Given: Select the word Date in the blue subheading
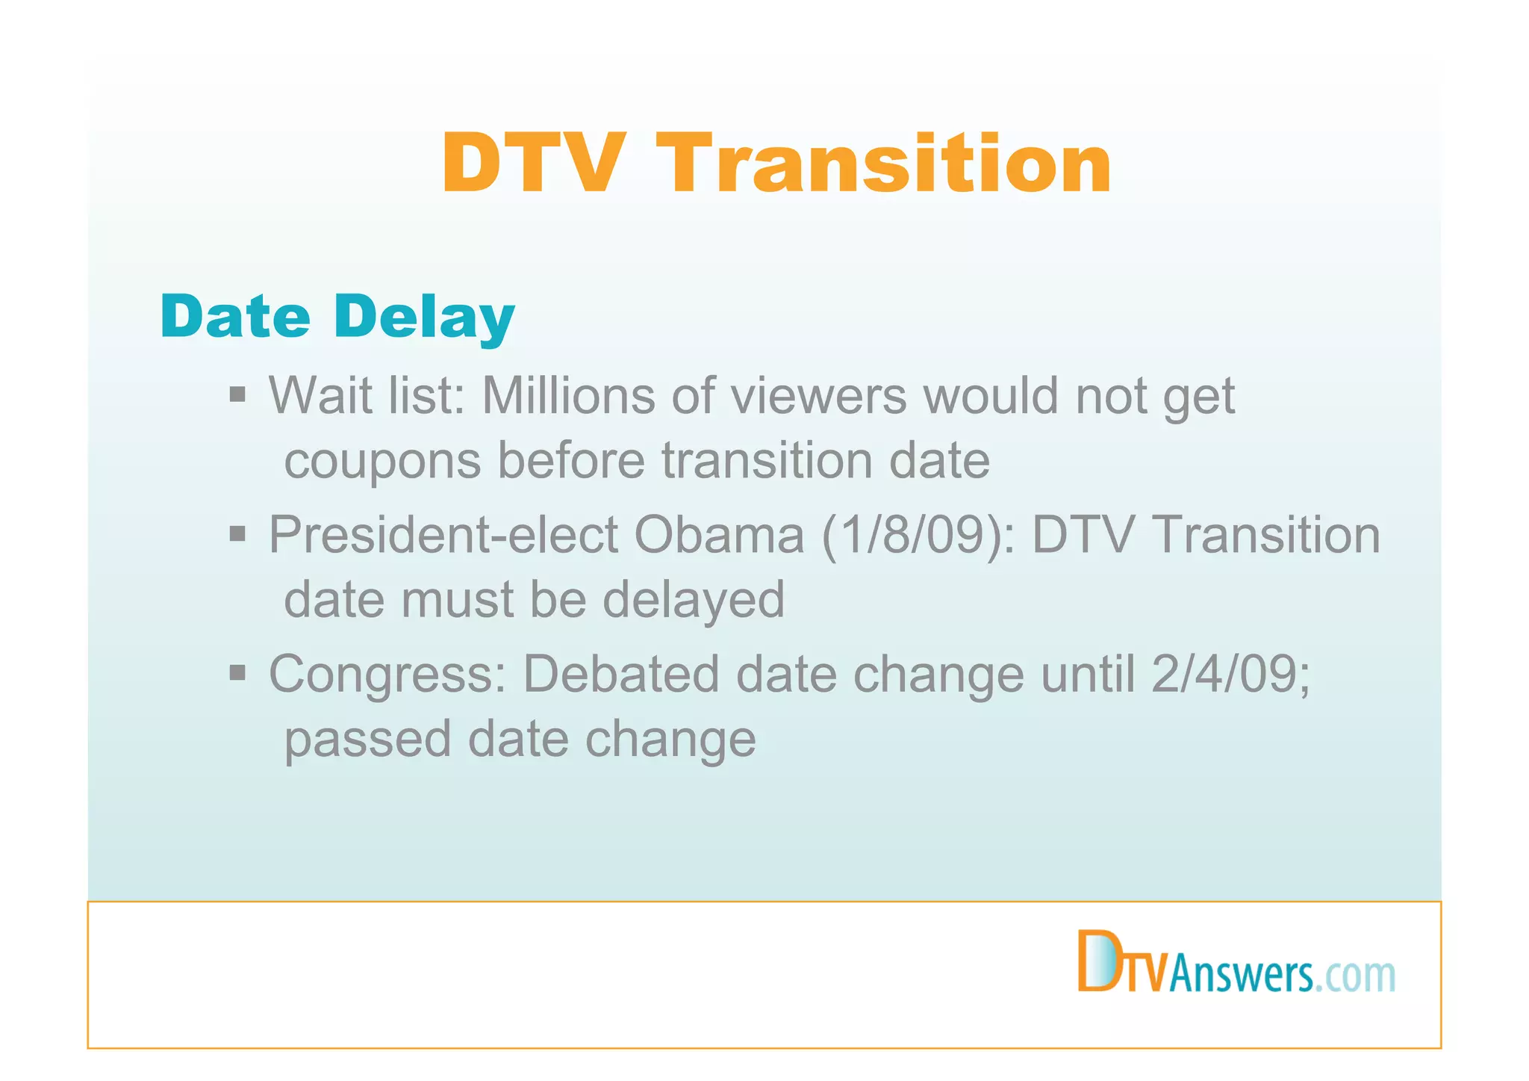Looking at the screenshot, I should [235, 317].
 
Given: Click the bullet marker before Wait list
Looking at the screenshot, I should [237, 394].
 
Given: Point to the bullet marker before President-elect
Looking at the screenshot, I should [237, 533].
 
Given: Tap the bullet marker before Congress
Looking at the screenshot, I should [237, 673].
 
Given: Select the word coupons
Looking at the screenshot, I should [382, 460].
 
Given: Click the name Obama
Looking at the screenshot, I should [719, 535].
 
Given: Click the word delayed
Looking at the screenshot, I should [694, 599].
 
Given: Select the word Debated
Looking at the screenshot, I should [620, 674].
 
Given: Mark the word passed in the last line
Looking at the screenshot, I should [367, 740].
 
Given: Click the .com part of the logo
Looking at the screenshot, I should [1355, 975].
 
